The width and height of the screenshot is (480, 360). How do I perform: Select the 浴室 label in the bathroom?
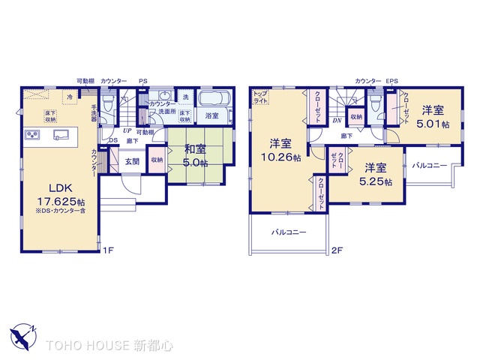[211, 115]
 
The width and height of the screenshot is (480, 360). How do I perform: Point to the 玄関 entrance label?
[132, 160]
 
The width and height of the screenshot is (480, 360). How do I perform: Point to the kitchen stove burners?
[32, 134]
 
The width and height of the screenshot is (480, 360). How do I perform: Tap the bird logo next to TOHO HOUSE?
[22, 334]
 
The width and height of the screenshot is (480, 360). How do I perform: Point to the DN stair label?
[337, 120]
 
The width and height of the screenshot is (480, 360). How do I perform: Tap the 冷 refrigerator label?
[70, 97]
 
